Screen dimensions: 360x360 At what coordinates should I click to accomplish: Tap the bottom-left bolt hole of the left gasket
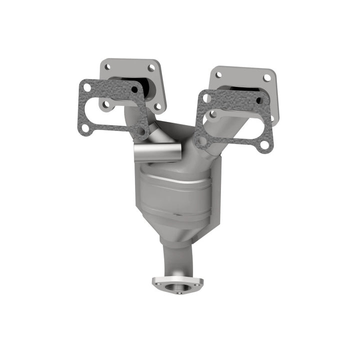pos(85,127)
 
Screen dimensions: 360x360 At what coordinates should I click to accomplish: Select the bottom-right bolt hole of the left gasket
pos(141,131)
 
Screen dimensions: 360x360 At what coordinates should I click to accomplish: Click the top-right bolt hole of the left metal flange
pos(151,68)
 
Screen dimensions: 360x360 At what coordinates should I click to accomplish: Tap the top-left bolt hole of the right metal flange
pos(218,75)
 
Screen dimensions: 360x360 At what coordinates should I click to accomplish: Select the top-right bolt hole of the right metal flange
pos(267,77)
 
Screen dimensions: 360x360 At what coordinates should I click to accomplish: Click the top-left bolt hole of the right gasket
pos(206,98)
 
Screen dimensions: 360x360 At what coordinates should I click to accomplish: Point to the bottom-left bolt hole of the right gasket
pos(202,140)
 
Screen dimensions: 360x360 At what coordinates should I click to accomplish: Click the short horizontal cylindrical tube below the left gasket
pos(157,152)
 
